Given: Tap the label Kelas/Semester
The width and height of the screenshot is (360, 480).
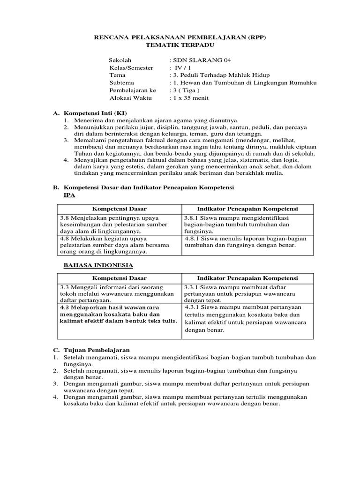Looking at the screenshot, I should click(131, 68).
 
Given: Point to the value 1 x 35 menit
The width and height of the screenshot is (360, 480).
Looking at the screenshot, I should click(190, 98).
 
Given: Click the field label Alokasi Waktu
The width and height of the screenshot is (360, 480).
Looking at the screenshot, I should click(129, 98).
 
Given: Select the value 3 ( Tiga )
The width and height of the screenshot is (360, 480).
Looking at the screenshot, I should click(186, 90).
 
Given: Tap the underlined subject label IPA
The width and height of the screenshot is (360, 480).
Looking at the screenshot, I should click(69, 195).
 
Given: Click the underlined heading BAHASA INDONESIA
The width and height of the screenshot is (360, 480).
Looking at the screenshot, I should click(98, 265).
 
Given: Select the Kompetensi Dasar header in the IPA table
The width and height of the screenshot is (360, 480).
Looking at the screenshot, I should click(120, 209).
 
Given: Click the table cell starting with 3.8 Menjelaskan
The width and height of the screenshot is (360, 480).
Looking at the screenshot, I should click(120, 225).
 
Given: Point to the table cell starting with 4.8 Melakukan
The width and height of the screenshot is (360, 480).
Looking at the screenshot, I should click(120, 245).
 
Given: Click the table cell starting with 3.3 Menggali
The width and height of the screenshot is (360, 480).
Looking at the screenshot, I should click(120, 293).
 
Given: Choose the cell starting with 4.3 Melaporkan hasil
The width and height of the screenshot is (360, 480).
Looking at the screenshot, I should click(120, 314).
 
